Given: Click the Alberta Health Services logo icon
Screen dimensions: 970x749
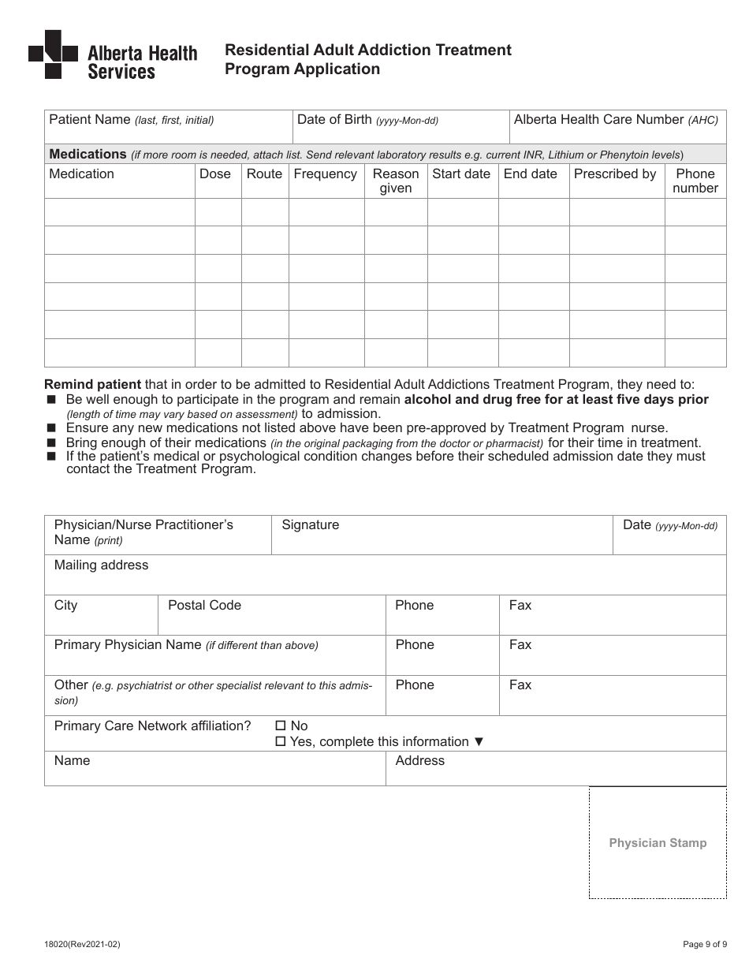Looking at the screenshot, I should tap(53, 54).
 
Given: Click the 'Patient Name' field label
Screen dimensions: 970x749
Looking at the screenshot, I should tap(89, 120).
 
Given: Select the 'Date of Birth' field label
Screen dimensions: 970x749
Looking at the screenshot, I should tap(334, 120).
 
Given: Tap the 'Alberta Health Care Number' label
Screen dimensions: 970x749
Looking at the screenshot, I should tap(598, 120).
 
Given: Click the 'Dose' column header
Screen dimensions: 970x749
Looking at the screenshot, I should tap(215, 174).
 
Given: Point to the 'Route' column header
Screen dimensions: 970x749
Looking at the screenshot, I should tap(264, 174).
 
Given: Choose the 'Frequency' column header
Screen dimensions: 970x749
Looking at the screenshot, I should tap(325, 174).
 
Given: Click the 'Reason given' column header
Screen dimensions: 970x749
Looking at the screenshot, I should tap(396, 181).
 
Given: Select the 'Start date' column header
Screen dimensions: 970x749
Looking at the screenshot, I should tap(461, 174).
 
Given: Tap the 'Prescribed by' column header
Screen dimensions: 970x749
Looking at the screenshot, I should tap(615, 174).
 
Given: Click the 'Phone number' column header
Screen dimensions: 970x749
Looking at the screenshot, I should tap(695, 181).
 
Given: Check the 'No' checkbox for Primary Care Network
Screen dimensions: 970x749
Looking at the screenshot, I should tap(280, 726).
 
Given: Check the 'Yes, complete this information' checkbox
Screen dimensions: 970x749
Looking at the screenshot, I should tap(280, 741).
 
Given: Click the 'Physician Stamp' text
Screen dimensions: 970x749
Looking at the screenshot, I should tap(658, 843).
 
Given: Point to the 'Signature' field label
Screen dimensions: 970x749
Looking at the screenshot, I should tap(310, 525).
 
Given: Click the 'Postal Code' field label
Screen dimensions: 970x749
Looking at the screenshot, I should tap(204, 606).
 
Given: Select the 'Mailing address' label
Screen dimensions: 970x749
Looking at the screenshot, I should tap(101, 565).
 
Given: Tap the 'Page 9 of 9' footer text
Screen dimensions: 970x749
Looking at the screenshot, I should tap(704, 944).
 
